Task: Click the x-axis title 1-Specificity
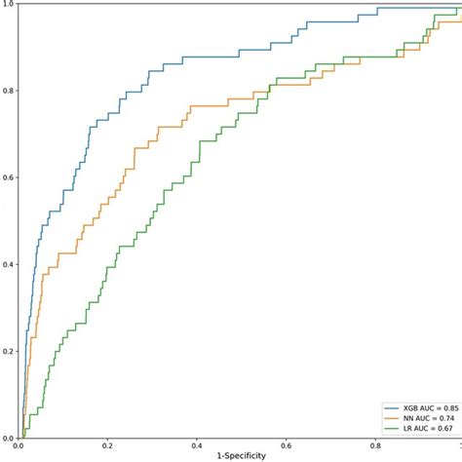(240, 456)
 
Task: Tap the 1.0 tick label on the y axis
(8, 6)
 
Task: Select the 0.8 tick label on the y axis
(8, 92)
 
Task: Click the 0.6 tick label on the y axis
(8, 178)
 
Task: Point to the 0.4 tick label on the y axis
(8, 265)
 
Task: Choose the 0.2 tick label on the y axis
(8, 352)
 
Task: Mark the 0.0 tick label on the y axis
(8, 438)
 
